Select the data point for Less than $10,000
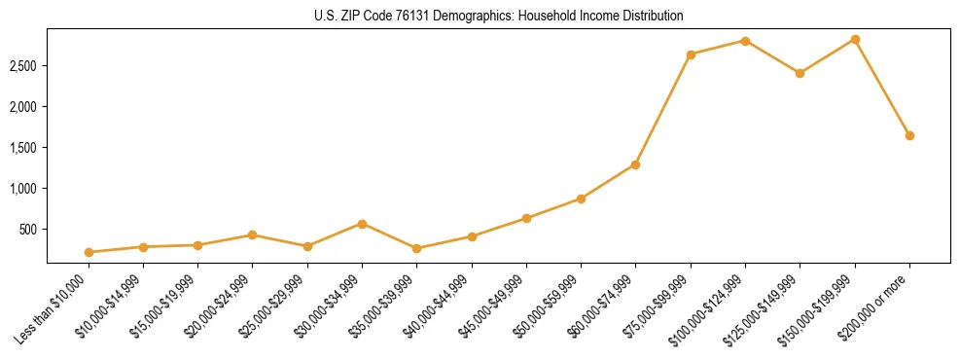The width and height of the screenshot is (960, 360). point(89,252)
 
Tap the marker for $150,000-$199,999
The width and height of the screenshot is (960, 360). point(855,39)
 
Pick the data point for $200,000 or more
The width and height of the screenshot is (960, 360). point(909,135)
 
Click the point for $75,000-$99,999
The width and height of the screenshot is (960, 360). point(691,54)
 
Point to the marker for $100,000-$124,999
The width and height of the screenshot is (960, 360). point(745,41)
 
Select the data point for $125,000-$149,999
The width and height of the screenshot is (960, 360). point(800,73)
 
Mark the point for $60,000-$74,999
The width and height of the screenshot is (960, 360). point(635,164)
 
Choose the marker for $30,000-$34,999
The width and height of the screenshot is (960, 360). point(362,224)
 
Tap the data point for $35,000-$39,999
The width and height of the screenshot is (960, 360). point(416,248)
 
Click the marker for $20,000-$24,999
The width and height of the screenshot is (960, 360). point(252,234)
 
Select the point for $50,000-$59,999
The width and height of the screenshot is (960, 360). point(581,198)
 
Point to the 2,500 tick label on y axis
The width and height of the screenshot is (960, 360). point(23,66)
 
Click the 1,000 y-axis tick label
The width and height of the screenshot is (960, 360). point(23,189)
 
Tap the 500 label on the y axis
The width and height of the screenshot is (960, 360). point(29,230)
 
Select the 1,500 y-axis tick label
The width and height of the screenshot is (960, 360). point(23,148)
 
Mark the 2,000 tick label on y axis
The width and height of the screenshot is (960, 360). point(23,107)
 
